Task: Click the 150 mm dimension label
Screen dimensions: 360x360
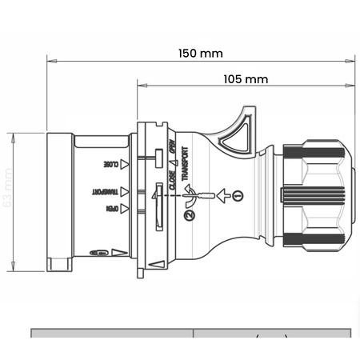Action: click(x=200, y=54)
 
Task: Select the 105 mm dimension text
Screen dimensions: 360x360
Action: click(x=245, y=79)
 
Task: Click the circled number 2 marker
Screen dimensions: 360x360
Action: click(x=188, y=214)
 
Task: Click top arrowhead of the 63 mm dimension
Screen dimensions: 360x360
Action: click(x=15, y=135)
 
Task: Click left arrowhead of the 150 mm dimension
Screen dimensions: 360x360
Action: click(x=50, y=58)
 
